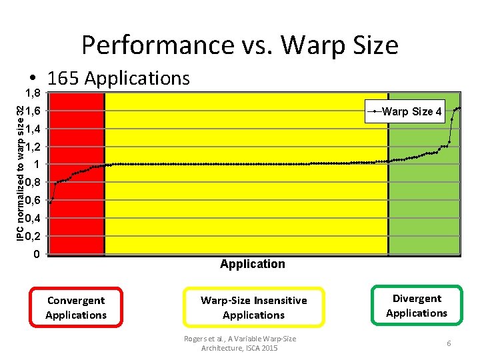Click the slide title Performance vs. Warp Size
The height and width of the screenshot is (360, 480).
pyautogui.click(x=240, y=45)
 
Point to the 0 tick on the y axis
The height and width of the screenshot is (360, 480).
pyautogui.click(x=37, y=254)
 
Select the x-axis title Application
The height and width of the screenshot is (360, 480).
pyautogui.click(x=252, y=264)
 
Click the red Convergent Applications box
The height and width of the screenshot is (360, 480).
pyautogui.click(x=76, y=307)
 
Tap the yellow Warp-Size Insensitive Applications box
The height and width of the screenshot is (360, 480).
pyautogui.click(x=253, y=307)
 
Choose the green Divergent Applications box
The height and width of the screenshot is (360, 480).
pyautogui.click(x=417, y=305)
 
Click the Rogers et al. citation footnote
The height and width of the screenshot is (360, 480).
pyautogui.click(x=240, y=343)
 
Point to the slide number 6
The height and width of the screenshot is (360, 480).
pyautogui.click(x=449, y=343)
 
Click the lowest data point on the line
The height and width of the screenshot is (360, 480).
pyautogui.click(x=50, y=202)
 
